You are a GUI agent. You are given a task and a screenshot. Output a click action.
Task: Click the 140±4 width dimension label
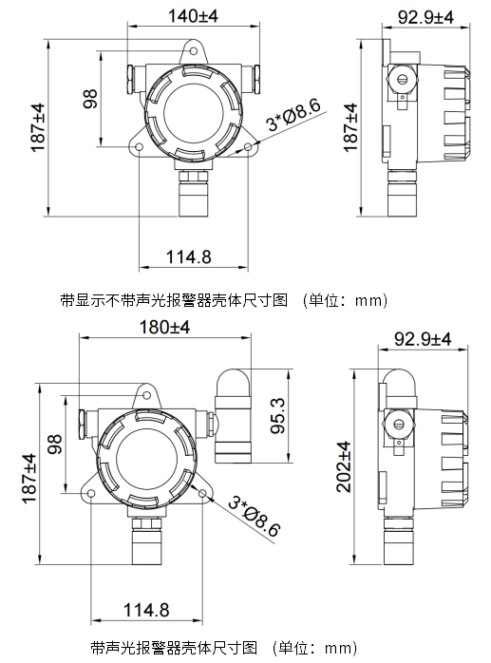[x=193, y=16]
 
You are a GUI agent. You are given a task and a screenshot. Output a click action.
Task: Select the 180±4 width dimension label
[x=164, y=327]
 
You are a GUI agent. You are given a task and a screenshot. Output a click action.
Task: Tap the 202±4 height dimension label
[x=344, y=466]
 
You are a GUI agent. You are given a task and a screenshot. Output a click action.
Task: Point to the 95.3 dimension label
[x=278, y=416]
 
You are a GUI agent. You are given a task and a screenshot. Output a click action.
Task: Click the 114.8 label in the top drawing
[x=188, y=256]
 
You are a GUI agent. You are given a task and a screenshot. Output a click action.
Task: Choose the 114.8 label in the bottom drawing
[x=146, y=610]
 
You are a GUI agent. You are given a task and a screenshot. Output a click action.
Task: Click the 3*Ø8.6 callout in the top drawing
[x=293, y=115]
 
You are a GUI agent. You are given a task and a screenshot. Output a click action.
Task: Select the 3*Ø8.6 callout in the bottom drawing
[x=255, y=517]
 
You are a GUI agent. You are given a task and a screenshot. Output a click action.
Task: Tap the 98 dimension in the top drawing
[x=90, y=99]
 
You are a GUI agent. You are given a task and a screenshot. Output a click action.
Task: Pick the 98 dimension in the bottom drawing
[x=54, y=444]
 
